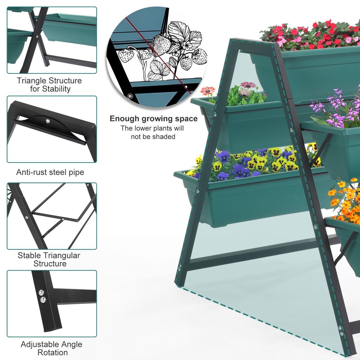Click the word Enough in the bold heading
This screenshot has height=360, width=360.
pyautogui.click(x=125, y=119)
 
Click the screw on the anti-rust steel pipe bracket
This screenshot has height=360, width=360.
pyautogui.click(x=47, y=121)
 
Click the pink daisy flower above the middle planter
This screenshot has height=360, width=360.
pyautogui.click(x=208, y=90)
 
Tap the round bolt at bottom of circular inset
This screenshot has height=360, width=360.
pyautogui.click(x=130, y=96)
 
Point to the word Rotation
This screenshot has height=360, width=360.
pyautogui.click(x=52, y=352)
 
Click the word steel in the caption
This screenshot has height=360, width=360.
pyautogui.click(x=60, y=172)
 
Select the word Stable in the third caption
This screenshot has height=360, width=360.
pyautogui.click(x=29, y=256)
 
